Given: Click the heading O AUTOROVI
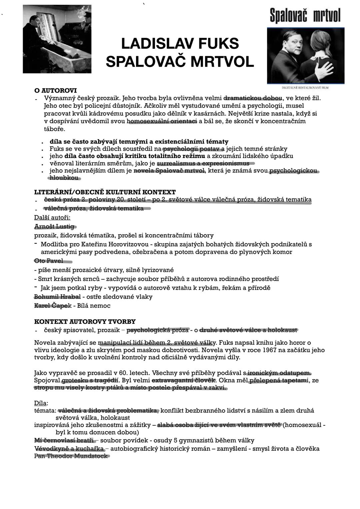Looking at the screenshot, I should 56,91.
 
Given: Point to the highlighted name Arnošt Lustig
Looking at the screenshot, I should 55,227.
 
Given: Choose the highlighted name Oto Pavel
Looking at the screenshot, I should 49,261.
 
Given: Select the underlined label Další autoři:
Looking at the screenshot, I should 52,218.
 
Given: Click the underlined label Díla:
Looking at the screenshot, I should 41,403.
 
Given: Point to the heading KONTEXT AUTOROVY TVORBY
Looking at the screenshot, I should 85,322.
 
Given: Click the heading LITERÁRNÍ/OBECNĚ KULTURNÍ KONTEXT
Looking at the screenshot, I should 105,192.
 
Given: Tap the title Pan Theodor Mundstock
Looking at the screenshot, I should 71,456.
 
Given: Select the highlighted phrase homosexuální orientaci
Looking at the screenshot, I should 162,121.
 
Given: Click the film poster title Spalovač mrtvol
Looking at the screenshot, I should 305,16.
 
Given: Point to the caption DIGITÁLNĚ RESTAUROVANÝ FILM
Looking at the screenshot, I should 305,88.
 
